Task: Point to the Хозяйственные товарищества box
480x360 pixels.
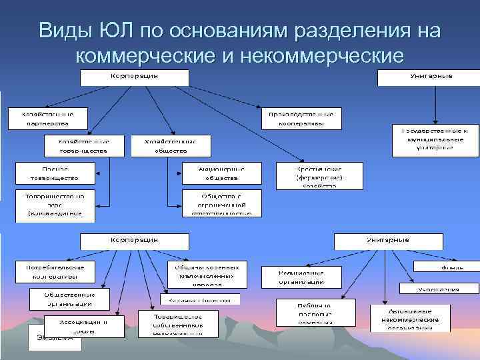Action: coord(83,146)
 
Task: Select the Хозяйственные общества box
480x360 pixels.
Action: coord(171,146)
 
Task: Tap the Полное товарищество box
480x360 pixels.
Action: coord(55,173)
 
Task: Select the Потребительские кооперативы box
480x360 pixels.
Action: coord(55,271)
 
